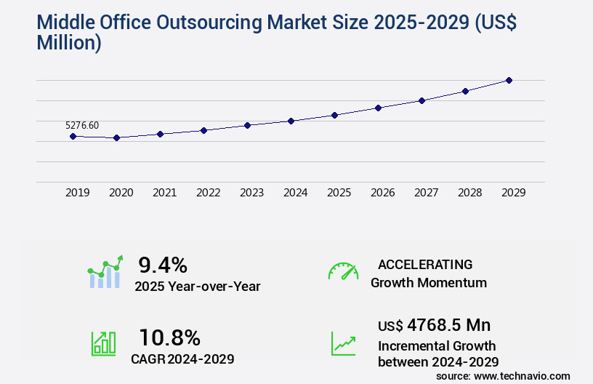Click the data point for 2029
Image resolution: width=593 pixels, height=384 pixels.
[x=509, y=80]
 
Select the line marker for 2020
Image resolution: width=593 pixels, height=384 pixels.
[x=116, y=137]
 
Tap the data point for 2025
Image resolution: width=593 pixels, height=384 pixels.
[x=334, y=115]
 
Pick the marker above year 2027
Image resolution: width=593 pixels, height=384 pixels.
[x=421, y=100]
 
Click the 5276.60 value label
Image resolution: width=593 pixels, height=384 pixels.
[x=82, y=126]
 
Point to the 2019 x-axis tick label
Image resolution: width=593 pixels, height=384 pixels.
[x=77, y=193]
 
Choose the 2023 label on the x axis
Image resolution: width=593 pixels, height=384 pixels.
[x=251, y=193]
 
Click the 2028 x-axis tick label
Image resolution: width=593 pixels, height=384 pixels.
[x=469, y=193]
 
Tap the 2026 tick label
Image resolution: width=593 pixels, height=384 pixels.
[x=382, y=193]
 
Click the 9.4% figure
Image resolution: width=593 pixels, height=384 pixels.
[x=163, y=264]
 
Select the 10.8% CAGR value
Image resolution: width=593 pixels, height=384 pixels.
[x=169, y=337]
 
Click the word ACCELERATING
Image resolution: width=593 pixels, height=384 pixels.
[x=425, y=264]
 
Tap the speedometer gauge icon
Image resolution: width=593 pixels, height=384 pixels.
[x=343, y=271]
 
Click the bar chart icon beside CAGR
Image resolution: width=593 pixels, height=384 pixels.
[x=103, y=343]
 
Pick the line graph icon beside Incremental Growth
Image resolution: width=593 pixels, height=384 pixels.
[x=343, y=343]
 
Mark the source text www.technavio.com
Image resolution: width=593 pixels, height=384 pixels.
[x=522, y=375]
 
